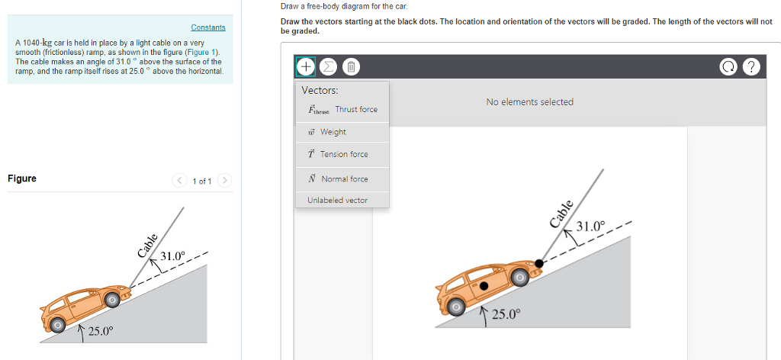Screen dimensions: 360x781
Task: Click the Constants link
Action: click(x=207, y=27)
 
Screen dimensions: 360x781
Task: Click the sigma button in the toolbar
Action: click(x=328, y=66)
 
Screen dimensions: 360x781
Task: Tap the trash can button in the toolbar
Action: click(x=350, y=66)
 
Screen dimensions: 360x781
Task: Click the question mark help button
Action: click(x=753, y=66)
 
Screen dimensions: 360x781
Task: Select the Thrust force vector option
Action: click(x=342, y=110)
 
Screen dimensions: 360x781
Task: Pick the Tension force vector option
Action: click(x=342, y=154)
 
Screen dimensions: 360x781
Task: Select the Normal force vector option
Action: click(x=342, y=179)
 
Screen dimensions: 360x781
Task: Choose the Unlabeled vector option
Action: click(x=337, y=201)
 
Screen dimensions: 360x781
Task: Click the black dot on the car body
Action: click(x=484, y=287)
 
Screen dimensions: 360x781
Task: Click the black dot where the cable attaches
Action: click(x=539, y=263)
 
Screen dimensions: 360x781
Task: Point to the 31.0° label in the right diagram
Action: click(x=591, y=227)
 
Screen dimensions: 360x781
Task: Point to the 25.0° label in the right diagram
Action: click(x=506, y=314)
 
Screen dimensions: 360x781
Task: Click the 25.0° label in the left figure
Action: click(x=100, y=331)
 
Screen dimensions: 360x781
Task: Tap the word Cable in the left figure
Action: click(x=146, y=246)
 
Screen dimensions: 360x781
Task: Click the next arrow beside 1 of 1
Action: click(x=224, y=181)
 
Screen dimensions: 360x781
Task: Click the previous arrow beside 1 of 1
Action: click(x=180, y=181)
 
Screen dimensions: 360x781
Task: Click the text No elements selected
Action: click(x=529, y=102)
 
